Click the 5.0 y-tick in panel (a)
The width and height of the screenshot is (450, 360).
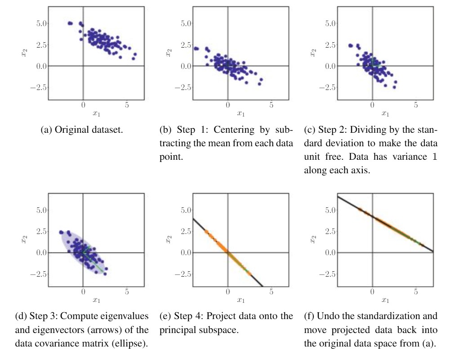(x=36, y=23)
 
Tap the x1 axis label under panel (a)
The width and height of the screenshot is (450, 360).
(x=96, y=114)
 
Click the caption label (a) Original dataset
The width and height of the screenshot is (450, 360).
(x=83, y=131)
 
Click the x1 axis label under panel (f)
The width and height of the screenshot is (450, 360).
(x=385, y=300)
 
